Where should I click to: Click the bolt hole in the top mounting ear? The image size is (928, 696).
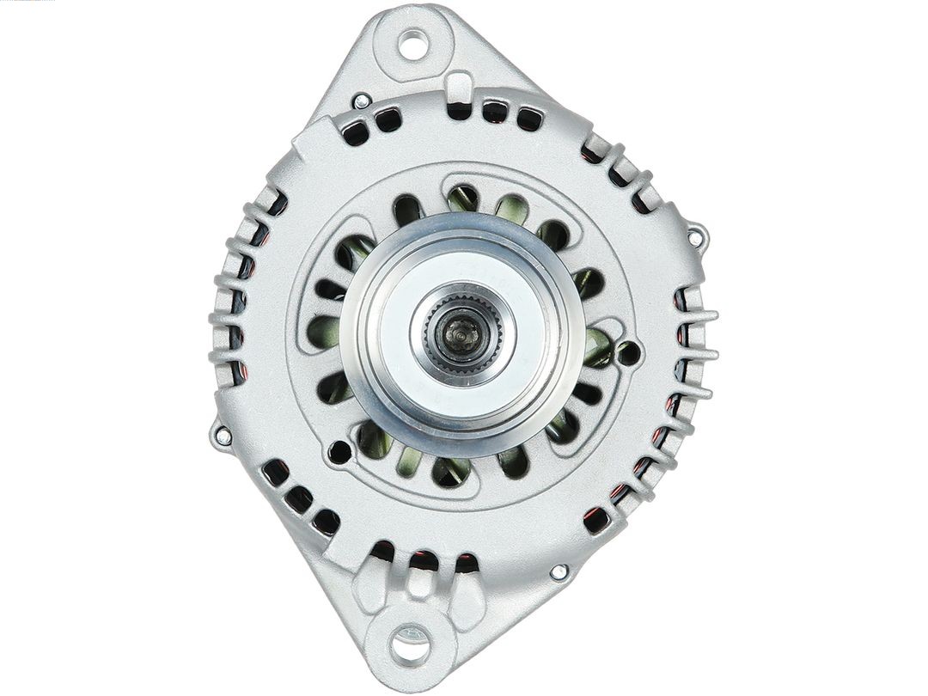[412, 44]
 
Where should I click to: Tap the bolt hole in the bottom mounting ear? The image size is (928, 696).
[410, 643]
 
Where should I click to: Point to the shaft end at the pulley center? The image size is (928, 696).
[461, 331]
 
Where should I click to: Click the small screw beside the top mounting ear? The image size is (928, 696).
[362, 101]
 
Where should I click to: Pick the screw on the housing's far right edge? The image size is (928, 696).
[696, 231]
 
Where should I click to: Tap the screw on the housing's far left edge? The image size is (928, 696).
[223, 435]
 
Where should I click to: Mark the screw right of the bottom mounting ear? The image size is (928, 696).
[559, 571]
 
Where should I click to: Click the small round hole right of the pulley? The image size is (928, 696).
[628, 352]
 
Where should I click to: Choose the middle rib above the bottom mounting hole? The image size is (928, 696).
[419, 583]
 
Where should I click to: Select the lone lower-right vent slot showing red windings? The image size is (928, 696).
[595, 519]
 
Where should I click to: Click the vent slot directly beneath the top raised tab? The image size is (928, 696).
[460, 111]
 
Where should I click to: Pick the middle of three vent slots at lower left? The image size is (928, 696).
[299, 499]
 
